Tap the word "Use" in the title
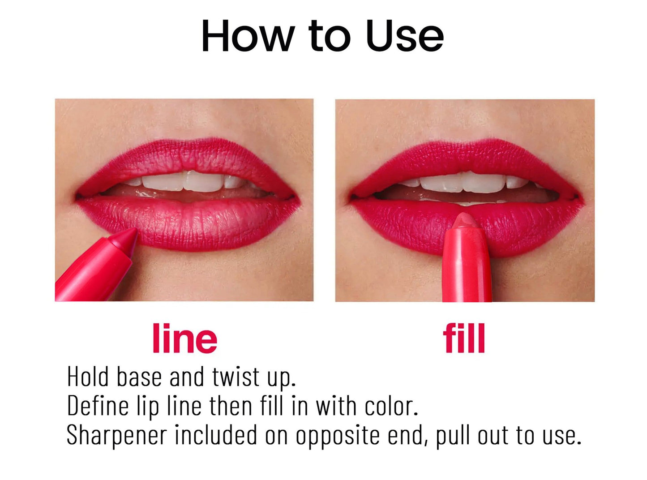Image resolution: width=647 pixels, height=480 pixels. tap(404, 36)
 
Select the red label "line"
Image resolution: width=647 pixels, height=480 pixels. tap(184, 339)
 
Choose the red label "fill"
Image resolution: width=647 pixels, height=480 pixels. tap(464, 339)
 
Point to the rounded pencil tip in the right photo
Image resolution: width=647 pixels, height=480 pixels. tap(466, 222)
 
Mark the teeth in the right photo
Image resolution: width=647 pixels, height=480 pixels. tap(466, 182)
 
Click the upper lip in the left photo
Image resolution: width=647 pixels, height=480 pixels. tap(188, 157)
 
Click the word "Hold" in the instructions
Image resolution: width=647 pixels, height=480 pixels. tap(88, 377)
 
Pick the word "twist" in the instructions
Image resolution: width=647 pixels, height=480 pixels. tap(236, 377)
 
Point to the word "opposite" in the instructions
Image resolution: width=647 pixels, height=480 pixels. tap(337, 435)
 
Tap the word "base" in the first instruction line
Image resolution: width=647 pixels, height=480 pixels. tap(139, 377)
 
